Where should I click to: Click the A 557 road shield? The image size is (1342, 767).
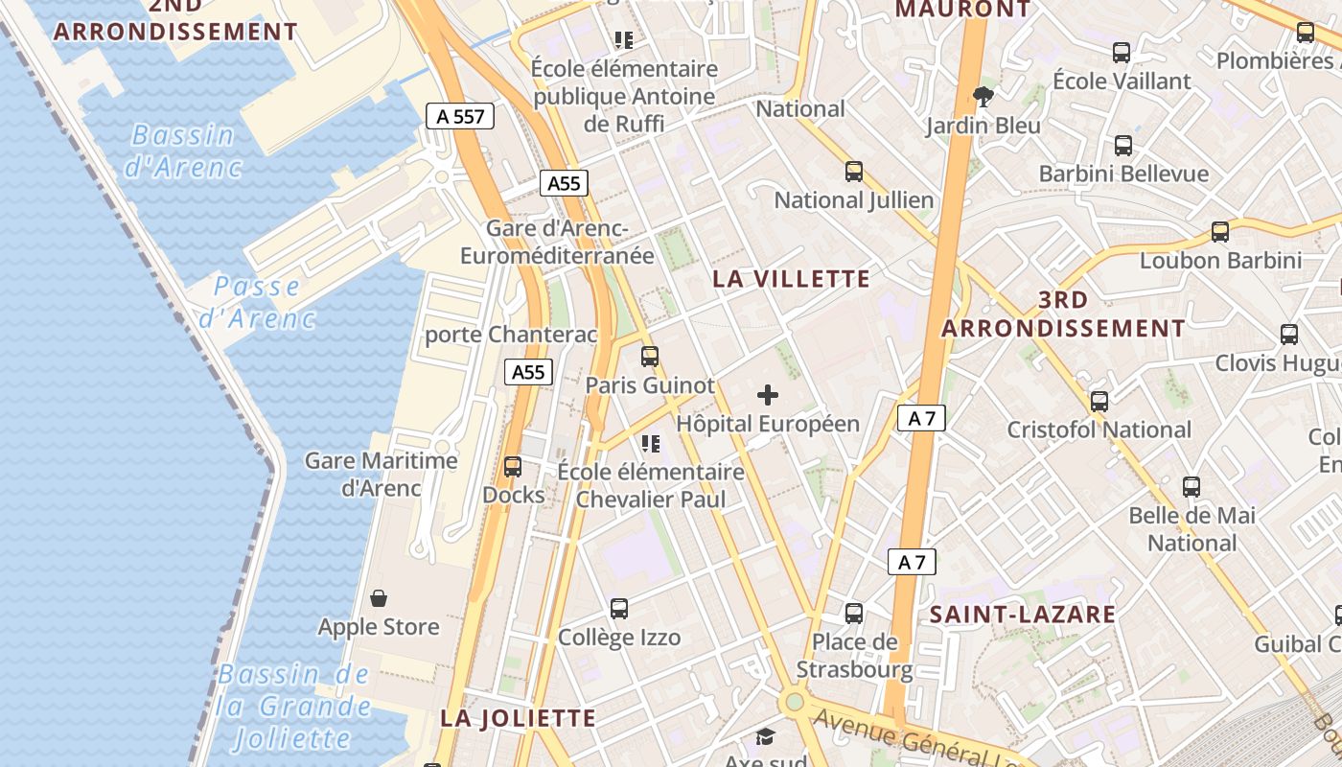[x=460, y=116]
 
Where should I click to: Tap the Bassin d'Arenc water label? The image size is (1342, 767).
[x=183, y=151]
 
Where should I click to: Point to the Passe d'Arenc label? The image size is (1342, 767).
[x=257, y=302]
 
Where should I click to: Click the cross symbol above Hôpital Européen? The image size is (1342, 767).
[x=768, y=394]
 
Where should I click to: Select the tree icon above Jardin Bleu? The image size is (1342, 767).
[x=983, y=95]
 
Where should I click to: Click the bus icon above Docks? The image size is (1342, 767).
[x=513, y=467]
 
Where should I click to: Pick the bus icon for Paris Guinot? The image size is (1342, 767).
[x=650, y=357]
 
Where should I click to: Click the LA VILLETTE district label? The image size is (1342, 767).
[x=792, y=279]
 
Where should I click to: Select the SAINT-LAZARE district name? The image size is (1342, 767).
[x=1023, y=615]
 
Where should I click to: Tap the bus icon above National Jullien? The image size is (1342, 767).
[x=853, y=172]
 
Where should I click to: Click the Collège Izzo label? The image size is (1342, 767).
[x=619, y=638]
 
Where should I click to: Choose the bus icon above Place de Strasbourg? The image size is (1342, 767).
[x=853, y=613]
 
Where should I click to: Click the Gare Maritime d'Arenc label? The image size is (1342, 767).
[x=382, y=475]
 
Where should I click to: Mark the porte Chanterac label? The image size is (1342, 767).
[x=511, y=335]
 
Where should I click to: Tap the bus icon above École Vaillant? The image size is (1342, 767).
[x=1122, y=53]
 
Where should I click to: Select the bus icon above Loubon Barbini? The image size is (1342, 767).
[x=1219, y=231]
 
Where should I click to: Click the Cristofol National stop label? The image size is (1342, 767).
[x=1099, y=430]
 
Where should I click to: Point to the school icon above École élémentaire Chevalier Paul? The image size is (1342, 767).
[x=651, y=443]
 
